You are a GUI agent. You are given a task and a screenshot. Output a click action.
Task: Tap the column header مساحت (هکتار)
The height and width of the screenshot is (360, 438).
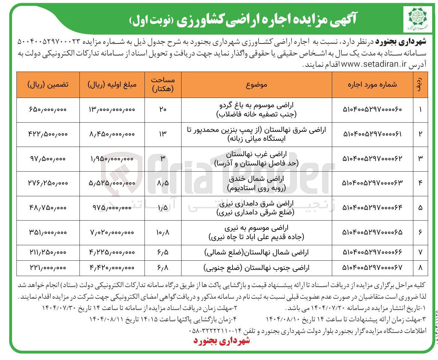[x=163, y=85]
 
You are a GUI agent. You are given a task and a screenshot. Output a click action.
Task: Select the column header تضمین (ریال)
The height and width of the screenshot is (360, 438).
[x=48, y=85]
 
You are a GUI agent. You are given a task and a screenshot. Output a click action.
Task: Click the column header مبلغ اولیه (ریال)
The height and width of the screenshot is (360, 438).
[x=112, y=85]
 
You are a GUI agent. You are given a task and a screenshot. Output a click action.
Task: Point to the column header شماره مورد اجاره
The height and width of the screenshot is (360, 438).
[x=372, y=85]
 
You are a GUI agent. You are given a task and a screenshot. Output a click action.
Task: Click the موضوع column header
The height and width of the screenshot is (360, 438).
[x=256, y=85]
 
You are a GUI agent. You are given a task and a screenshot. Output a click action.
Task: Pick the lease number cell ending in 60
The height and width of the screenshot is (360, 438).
[x=372, y=110]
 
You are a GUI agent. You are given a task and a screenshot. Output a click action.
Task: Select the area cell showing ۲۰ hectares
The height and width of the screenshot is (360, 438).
[x=163, y=110]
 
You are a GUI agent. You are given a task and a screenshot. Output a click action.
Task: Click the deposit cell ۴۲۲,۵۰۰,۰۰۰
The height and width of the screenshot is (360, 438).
[x=48, y=134]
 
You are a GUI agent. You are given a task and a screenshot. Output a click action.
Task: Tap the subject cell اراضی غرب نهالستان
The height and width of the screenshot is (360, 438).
[x=256, y=159]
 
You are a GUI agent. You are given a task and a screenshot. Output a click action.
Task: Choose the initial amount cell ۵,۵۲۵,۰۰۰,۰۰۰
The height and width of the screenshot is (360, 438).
[x=112, y=183]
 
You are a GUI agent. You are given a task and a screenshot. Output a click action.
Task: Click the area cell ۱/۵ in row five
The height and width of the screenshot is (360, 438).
[x=163, y=208]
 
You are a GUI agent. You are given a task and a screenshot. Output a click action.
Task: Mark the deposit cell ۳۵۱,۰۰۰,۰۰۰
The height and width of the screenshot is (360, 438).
[x=48, y=233]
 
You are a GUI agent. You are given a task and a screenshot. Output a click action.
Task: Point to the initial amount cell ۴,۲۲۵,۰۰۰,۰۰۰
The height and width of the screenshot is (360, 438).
[x=112, y=252]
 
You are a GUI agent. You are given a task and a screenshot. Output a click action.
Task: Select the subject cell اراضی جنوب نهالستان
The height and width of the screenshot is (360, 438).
[x=256, y=268]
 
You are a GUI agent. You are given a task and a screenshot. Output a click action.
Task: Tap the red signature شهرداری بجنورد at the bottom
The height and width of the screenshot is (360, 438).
[x=222, y=340]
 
